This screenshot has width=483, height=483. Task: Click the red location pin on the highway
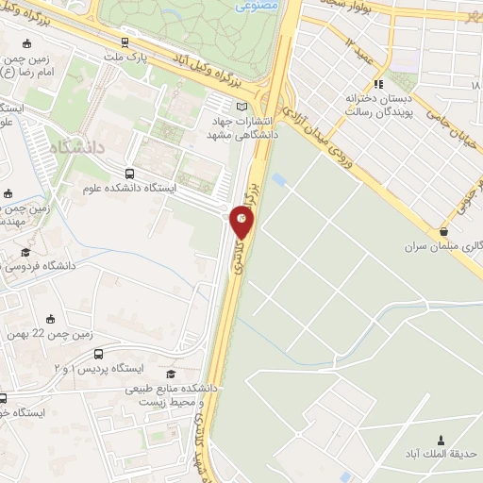[x=242, y=220]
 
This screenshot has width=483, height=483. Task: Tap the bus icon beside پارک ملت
[x=125, y=42]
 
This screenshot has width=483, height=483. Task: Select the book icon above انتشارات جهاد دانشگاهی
[x=241, y=106]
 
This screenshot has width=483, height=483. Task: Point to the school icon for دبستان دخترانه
[x=379, y=83]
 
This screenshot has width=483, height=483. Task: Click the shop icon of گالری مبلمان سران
[x=443, y=231]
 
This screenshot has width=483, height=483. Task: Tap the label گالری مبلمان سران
[x=443, y=247]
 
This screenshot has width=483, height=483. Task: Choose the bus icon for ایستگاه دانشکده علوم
[x=128, y=174]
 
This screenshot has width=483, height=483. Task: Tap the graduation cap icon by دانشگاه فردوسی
[x=25, y=252]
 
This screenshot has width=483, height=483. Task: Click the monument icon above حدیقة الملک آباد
[x=441, y=440]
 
